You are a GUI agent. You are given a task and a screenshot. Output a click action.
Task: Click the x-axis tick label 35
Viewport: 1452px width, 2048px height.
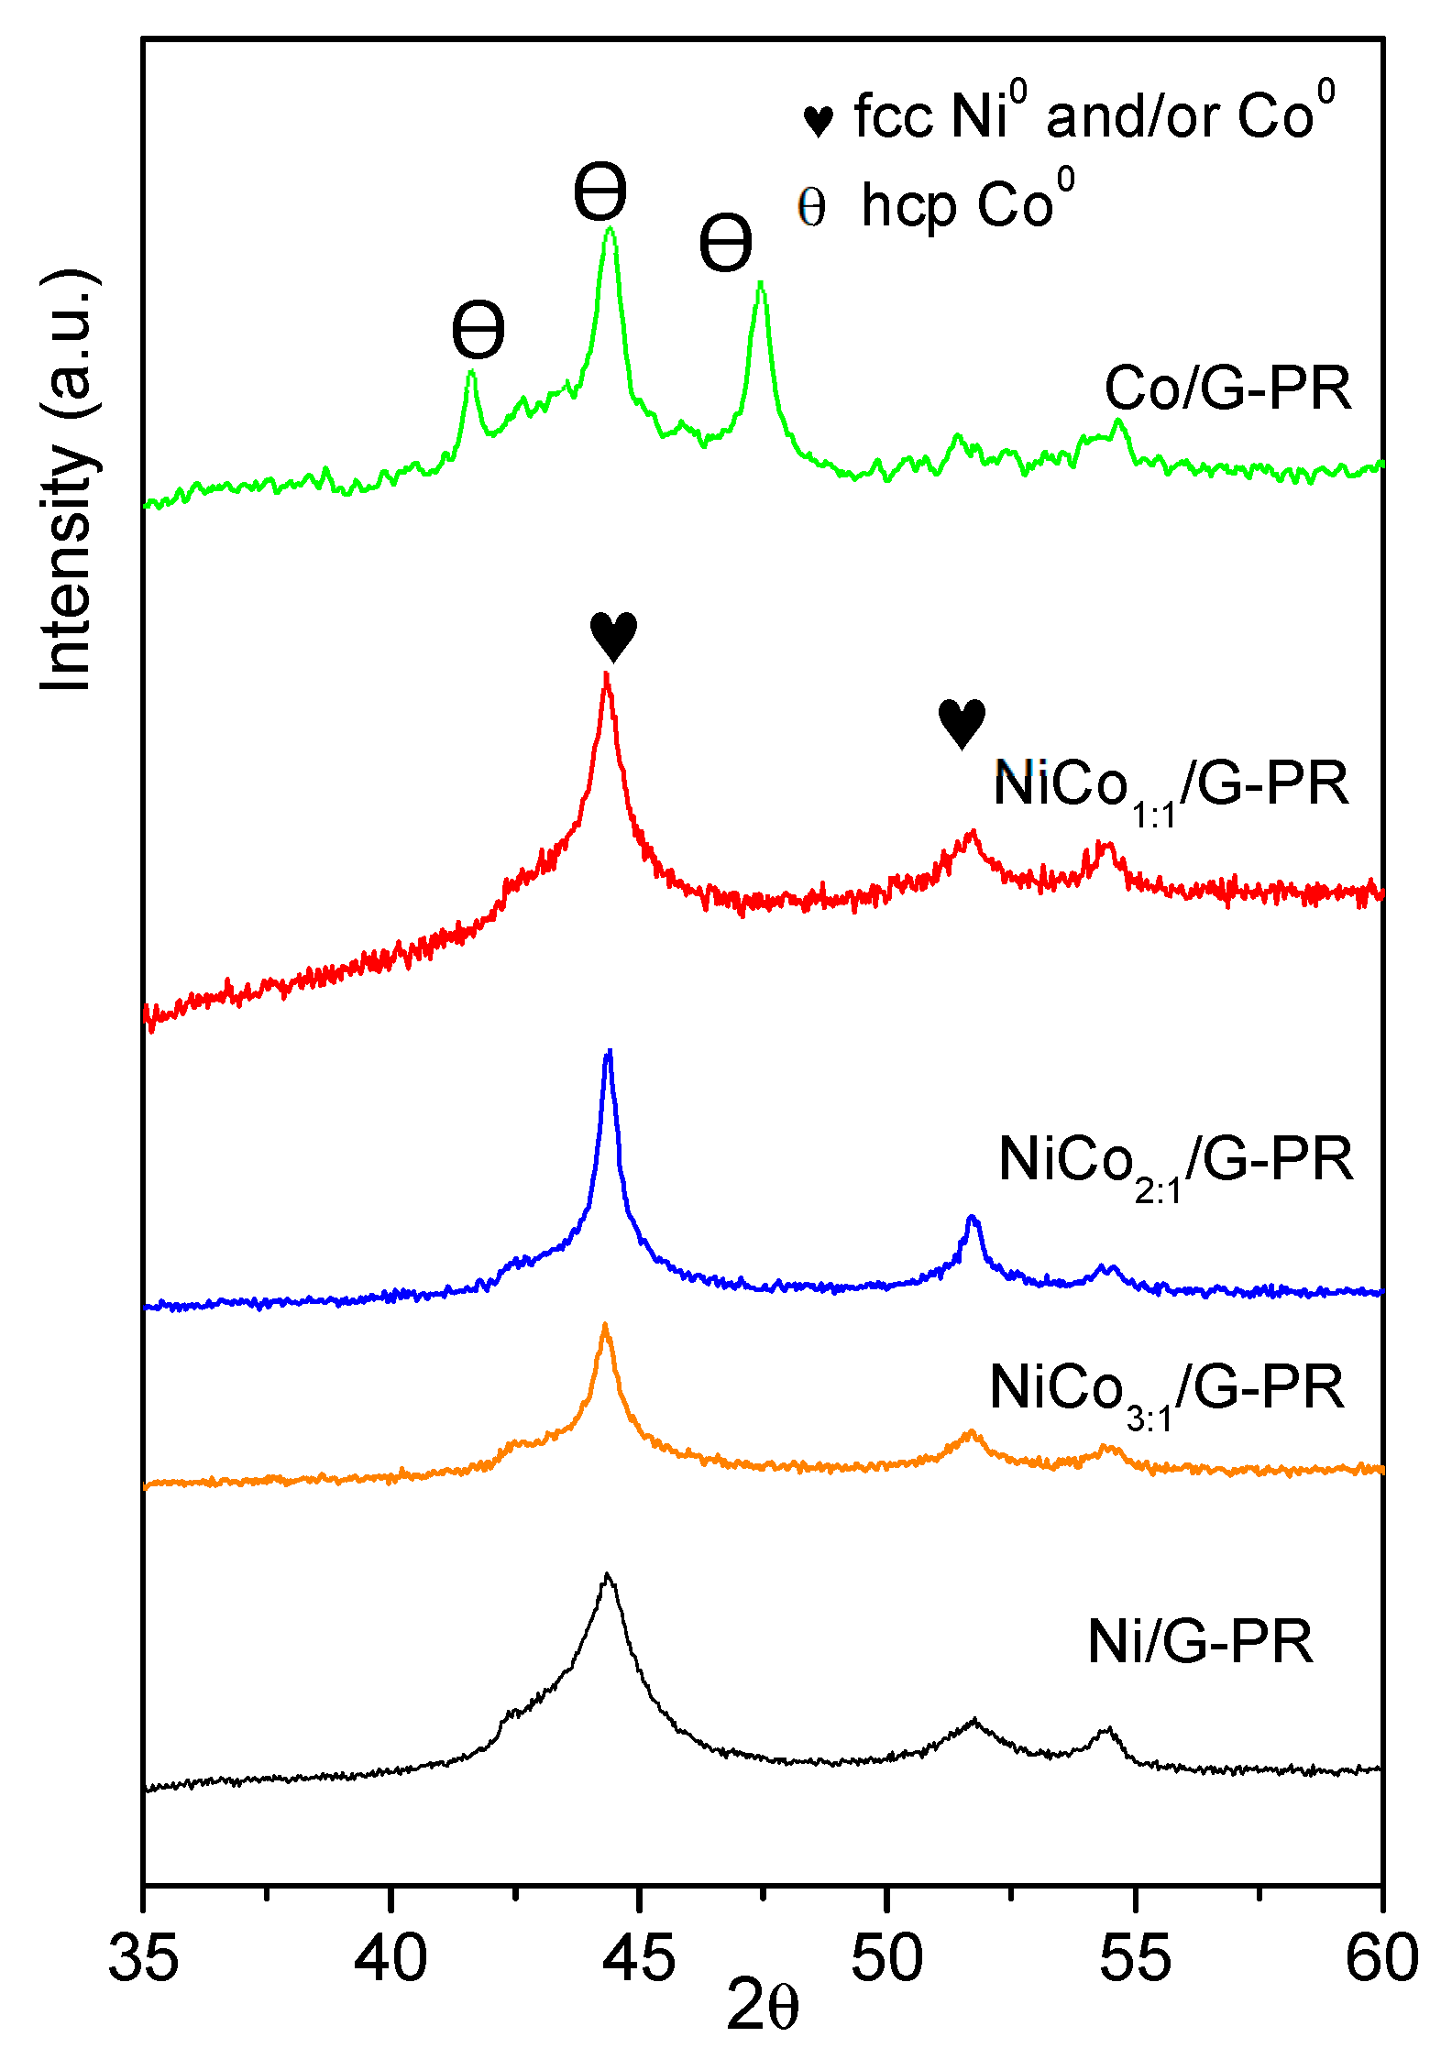pos(143,1958)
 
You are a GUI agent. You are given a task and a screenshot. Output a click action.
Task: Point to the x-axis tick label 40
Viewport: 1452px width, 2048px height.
pos(390,1958)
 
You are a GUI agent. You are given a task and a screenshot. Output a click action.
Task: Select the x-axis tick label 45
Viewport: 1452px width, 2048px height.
pos(639,1958)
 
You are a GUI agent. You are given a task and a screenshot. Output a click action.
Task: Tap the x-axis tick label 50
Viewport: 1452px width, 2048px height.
pos(887,1958)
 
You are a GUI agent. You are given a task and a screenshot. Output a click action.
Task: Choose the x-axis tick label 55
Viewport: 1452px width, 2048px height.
pos(1135,1958)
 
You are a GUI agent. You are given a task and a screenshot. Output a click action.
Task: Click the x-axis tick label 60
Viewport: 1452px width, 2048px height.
pos(1381,1958)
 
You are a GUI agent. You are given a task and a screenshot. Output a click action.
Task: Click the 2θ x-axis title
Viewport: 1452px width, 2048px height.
pos(763,2006)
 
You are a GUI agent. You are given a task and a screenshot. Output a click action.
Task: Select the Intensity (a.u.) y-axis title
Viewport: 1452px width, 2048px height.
pos(69,480)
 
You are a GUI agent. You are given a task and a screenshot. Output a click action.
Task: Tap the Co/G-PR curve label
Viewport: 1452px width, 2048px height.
pos(1227,389)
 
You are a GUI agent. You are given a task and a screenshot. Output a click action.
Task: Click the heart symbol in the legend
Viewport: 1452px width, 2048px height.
pos(818,120)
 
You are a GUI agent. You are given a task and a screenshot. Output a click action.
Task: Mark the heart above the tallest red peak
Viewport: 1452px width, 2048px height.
pos(613,635)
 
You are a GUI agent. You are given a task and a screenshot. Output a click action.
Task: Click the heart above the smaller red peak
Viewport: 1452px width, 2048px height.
pos(962,722)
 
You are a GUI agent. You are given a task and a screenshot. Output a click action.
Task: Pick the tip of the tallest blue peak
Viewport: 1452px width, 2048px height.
pos(609,1052)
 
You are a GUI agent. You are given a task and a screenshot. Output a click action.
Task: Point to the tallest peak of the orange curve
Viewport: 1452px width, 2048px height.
pos(605,1325)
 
